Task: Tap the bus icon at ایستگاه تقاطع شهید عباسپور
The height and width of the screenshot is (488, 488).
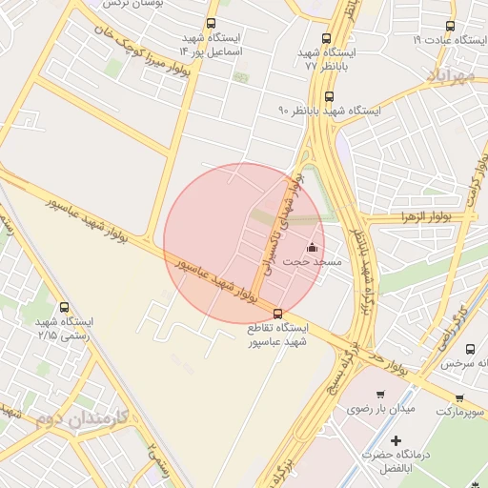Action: point(277,313)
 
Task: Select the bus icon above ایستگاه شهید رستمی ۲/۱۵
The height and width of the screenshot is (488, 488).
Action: point(64,307)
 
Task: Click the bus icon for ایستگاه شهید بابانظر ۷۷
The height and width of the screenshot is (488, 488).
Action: point(326,39)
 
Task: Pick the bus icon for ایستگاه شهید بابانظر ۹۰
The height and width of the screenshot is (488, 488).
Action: point(329,96)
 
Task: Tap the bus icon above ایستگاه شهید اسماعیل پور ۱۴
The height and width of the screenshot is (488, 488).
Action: point(210,24)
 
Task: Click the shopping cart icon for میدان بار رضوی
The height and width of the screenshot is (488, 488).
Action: point(380,395)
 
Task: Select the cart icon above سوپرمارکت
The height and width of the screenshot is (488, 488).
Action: point(459,397)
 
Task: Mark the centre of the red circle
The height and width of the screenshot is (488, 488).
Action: point(244,244)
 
